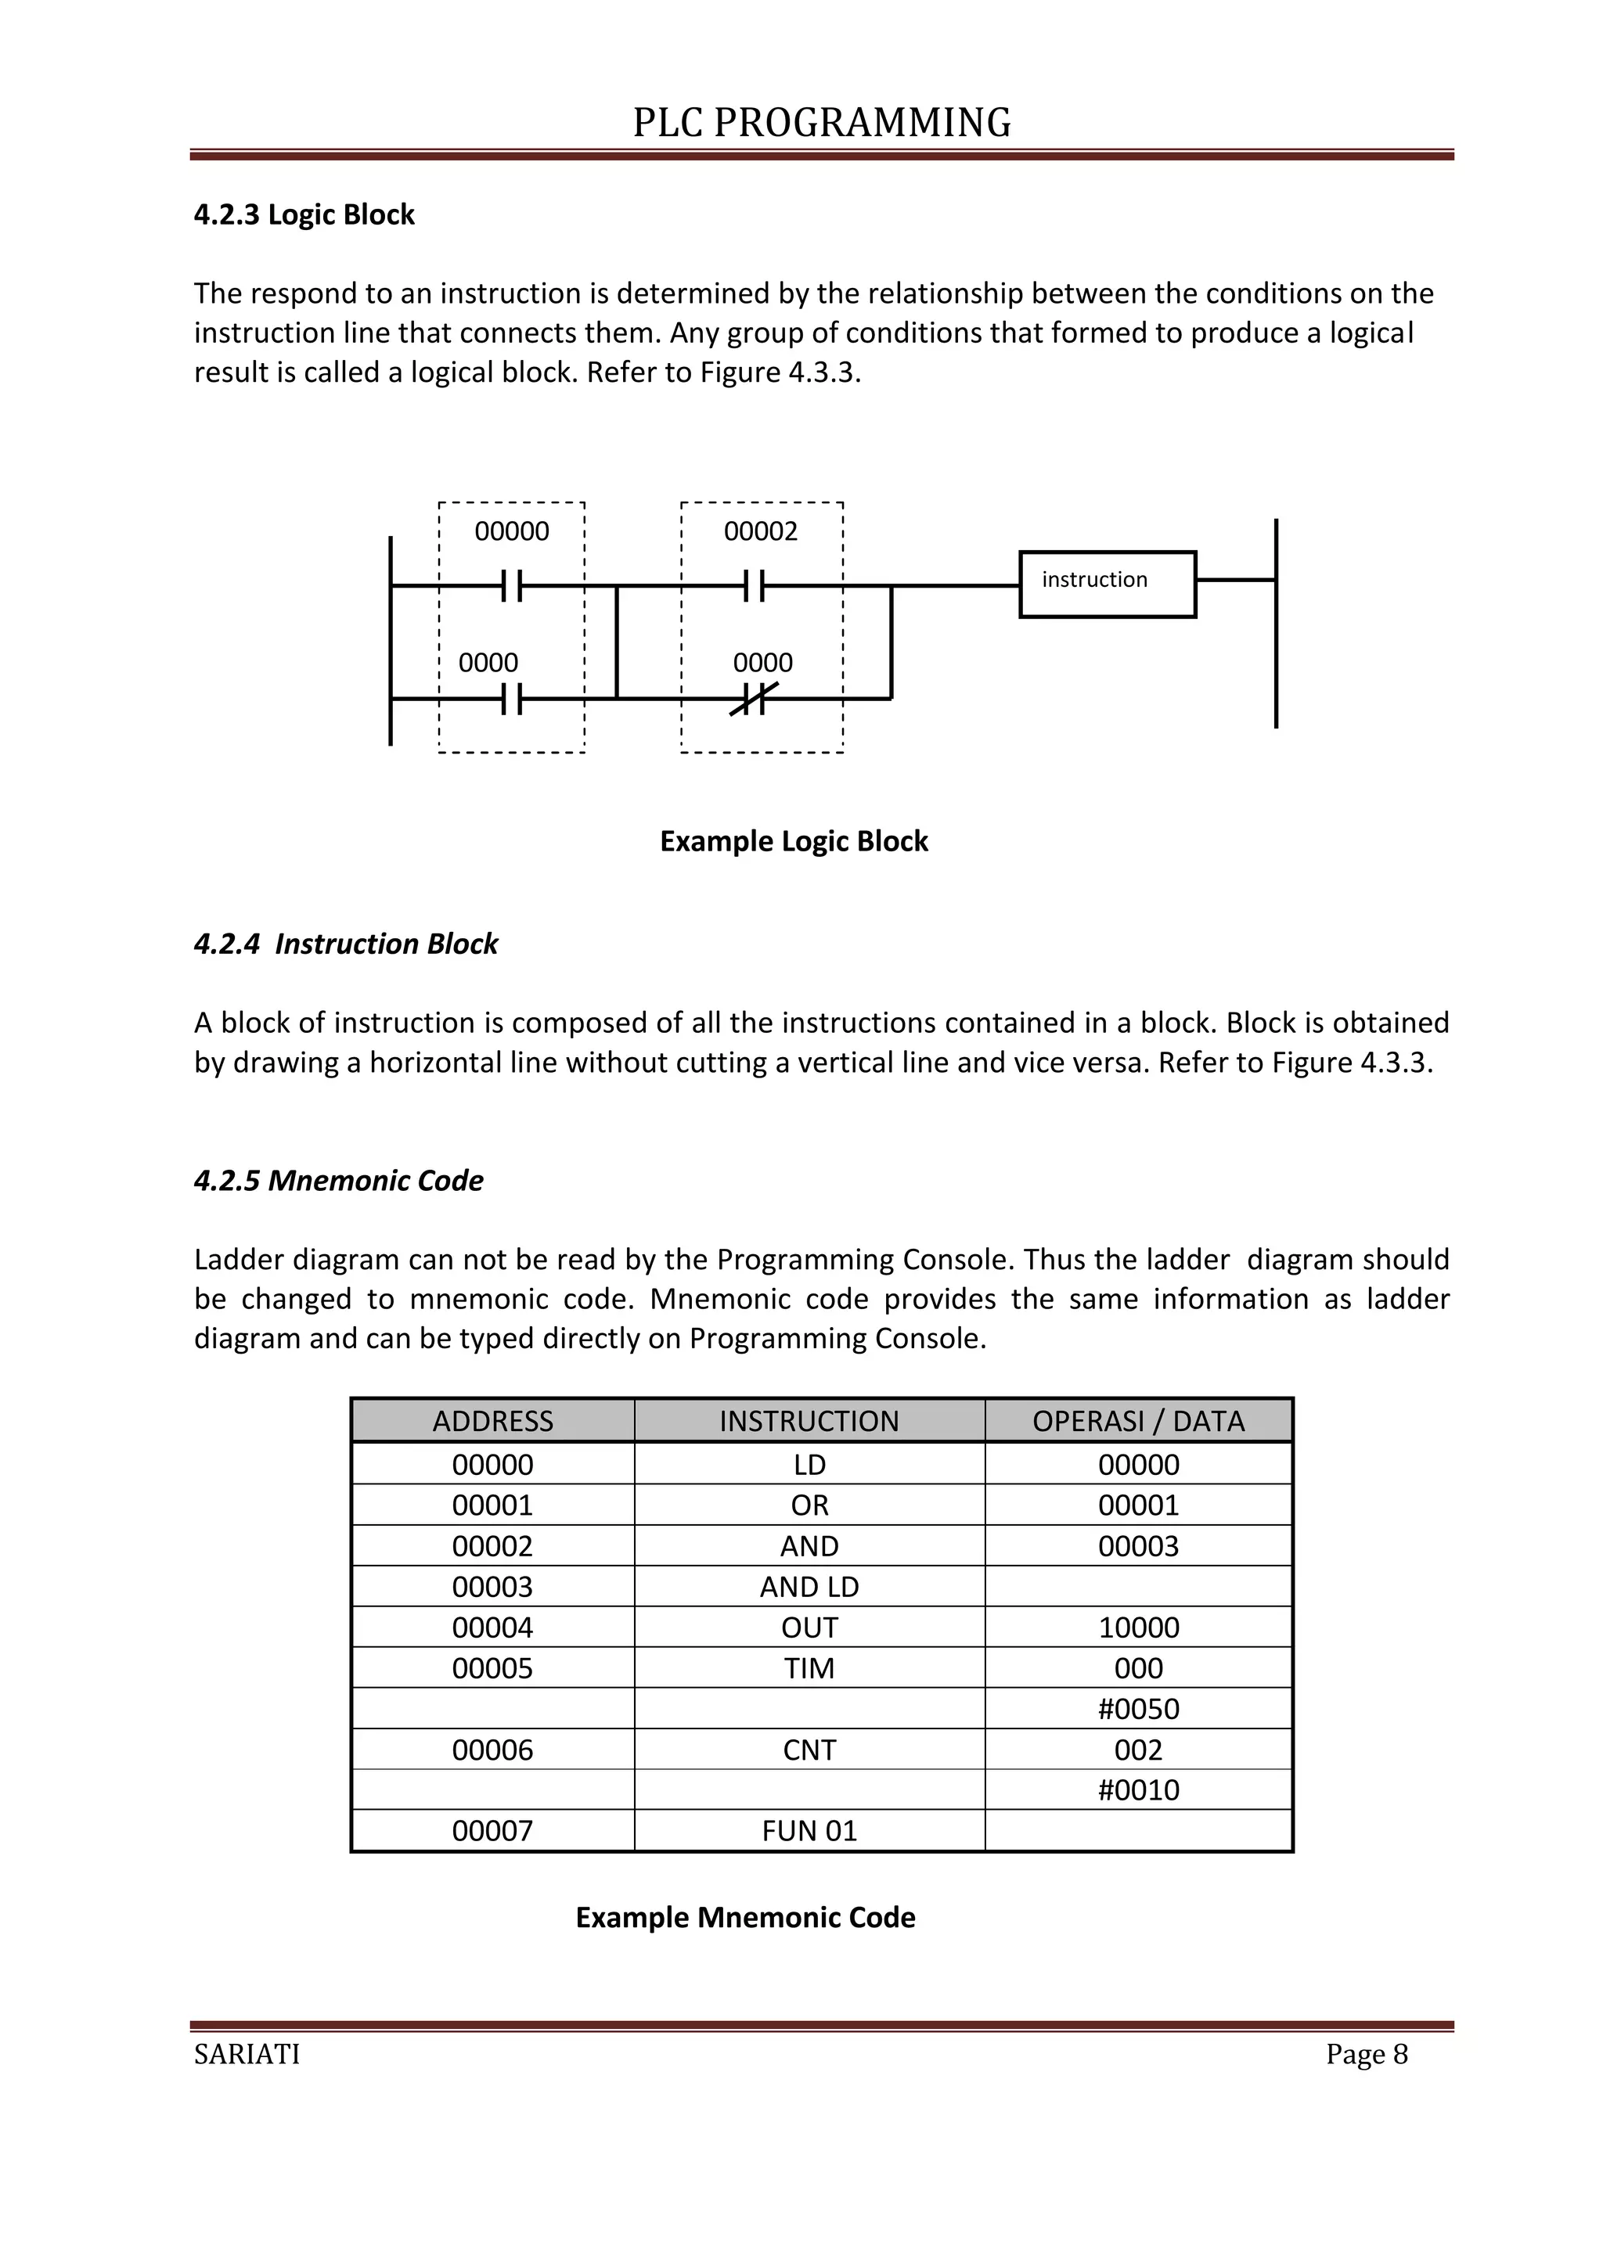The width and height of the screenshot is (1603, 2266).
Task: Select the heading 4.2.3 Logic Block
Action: point(304,214)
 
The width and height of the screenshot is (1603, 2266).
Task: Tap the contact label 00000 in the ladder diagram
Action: point(511,532)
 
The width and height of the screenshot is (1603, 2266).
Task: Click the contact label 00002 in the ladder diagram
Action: point(760,532)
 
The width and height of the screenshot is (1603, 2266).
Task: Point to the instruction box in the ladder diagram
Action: point(1107,584)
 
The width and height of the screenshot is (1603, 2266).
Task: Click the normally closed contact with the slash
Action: point(754,699)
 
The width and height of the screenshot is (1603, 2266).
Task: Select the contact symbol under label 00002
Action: point(754,586)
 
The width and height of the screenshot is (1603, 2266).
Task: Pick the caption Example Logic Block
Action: point(794,841)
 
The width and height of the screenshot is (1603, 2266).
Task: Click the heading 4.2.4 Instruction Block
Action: point(345,944)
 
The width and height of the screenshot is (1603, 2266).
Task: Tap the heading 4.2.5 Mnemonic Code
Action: point(339,1181)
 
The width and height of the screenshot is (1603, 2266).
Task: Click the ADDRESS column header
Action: point(492,1420)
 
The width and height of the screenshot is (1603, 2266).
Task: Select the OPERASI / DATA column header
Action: point(1138,1420)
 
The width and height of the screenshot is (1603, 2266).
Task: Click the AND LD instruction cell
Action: point(809,1586)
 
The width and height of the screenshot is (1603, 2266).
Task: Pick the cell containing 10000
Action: point(1138,1628)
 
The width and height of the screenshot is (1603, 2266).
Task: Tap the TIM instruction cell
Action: point(809,1668)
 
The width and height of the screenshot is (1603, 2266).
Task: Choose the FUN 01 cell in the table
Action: point(809,1831)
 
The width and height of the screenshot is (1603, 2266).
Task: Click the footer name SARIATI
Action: point(247,2054)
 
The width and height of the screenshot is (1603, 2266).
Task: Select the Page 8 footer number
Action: point(1366,2054)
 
